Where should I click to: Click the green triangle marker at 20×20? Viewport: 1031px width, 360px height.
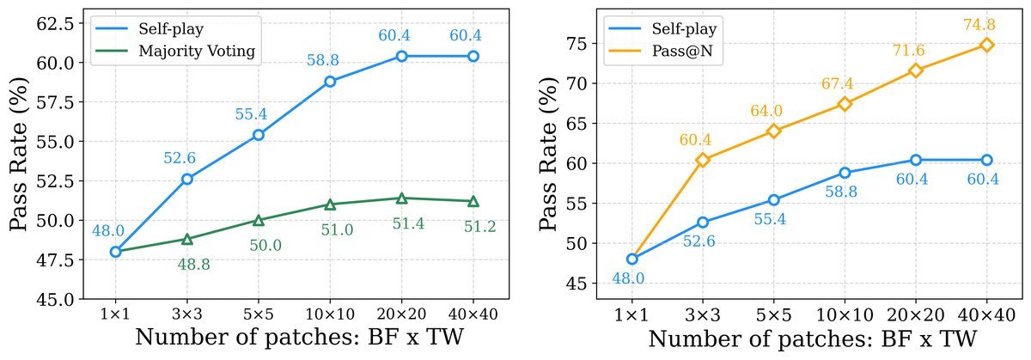click(401, 198)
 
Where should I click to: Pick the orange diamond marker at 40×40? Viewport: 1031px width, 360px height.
click(986, 45)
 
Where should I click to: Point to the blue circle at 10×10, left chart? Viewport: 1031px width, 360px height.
click(330, 82)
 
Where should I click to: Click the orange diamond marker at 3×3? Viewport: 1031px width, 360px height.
click(703, 160)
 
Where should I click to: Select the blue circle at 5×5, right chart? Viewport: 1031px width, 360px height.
click(774, 200)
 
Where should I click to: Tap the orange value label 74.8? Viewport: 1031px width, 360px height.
click(979, 24)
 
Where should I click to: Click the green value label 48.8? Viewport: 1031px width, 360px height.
click(194, 265)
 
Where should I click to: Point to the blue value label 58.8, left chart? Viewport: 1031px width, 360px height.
click(323, 59)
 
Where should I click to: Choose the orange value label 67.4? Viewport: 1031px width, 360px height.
click(837, 83)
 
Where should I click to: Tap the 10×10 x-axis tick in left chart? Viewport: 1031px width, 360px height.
click(330, 314)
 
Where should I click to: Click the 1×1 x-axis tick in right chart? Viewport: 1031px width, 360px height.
click(631, 315)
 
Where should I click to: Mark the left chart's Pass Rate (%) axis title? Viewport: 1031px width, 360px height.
click(19, 154)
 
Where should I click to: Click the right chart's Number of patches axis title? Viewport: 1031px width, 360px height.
click(813, 339)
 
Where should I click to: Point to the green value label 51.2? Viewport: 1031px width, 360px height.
click(480, 226)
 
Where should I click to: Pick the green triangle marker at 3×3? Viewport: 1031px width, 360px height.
click(187, 239)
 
